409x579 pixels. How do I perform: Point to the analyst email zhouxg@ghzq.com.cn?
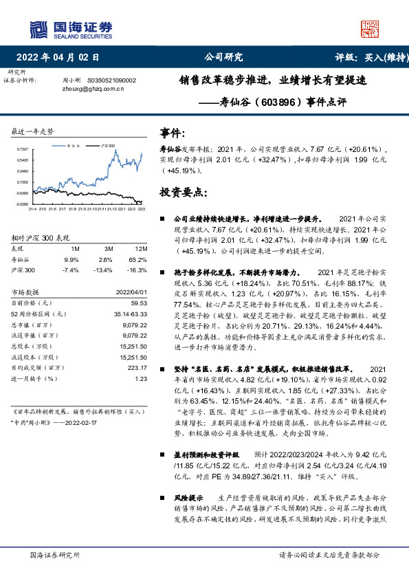[x=91, y=89]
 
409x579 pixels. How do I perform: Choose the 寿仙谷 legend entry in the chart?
[x=75, y=146]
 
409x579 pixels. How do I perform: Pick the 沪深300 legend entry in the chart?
[x=107, y=146]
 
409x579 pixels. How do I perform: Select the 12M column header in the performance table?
[x=141, y=248]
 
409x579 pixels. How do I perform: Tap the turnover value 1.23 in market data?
[x=142, y=379]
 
